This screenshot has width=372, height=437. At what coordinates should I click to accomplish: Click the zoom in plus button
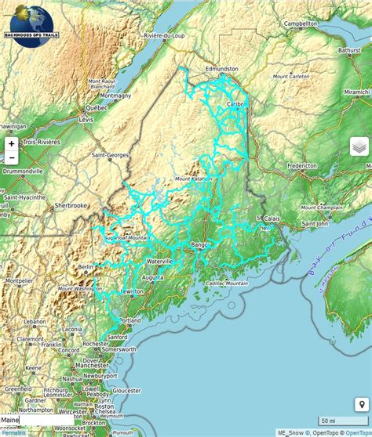click(12, 144)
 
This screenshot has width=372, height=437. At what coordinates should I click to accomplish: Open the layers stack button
click(359, 146)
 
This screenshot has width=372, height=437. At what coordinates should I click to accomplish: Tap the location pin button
click(362, 405)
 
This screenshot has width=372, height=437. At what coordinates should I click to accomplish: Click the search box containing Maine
click(35, 421)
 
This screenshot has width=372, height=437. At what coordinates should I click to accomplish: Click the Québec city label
click(96, 107)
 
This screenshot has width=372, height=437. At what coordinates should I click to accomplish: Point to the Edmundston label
click(221, 70)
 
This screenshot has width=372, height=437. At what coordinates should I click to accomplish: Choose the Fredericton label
click(302, 166)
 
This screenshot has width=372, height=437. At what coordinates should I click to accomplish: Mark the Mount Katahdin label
click(194, 179)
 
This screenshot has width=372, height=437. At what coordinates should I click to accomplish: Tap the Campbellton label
click(300, 24)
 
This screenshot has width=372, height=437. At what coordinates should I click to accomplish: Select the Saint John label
click(315, 223)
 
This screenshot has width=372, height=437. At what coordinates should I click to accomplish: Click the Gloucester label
click(126, 389)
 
